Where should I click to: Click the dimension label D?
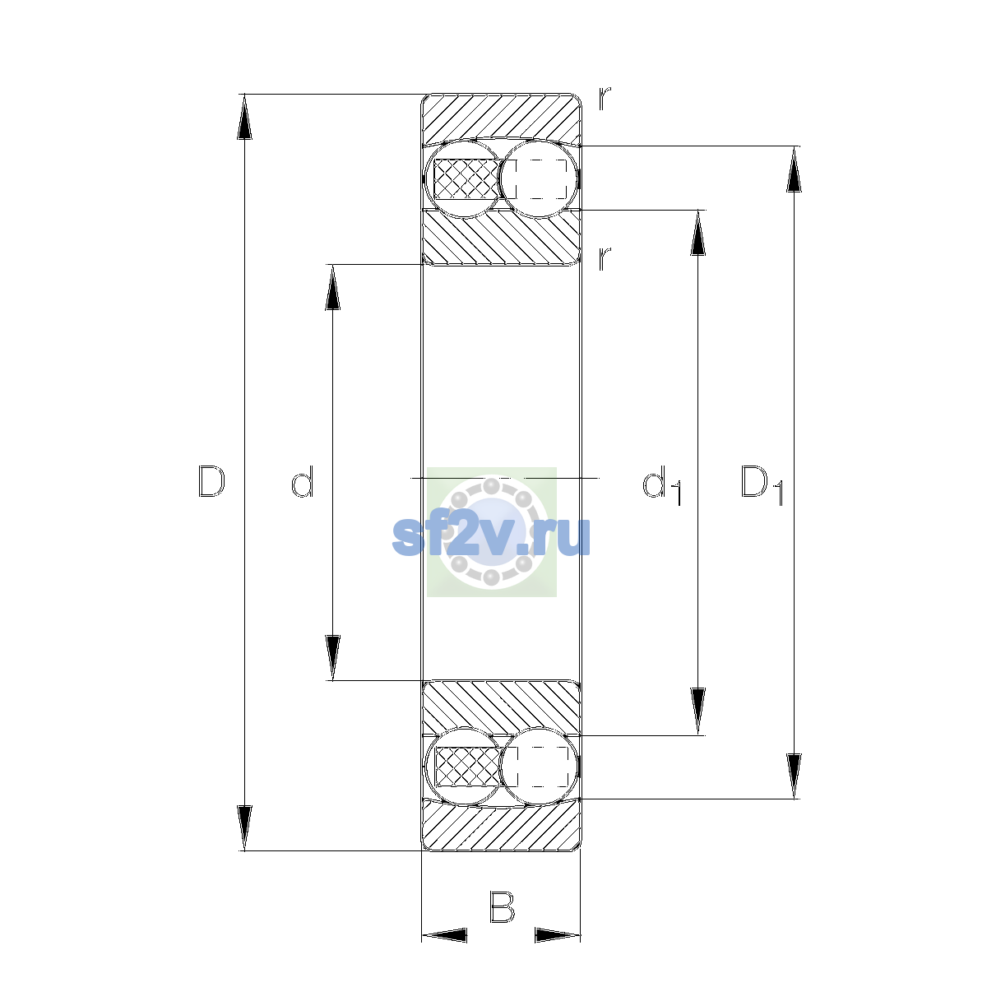click(211, 481)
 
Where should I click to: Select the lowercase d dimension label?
click(302, 481)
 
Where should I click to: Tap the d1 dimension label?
click(662, 485)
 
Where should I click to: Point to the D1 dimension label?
click(762, 485)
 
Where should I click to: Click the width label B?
click(502, 907)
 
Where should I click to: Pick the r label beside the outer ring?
click(605, 99)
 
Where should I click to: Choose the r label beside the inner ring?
click(605, 258)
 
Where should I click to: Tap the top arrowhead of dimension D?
click(245, 117)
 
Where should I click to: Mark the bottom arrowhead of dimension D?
click(245, 828)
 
